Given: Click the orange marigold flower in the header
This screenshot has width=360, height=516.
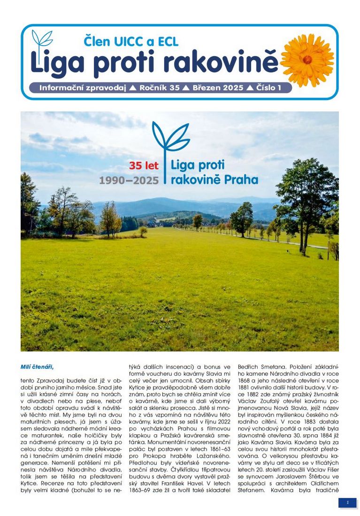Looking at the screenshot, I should (x=307, y=60).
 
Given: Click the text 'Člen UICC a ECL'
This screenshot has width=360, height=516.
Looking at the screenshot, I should (x=131, y=42).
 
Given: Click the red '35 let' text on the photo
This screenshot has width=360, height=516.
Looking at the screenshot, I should (x=144, y=166).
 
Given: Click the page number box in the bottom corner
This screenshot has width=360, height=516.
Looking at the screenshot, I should (x=347, y=502).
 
